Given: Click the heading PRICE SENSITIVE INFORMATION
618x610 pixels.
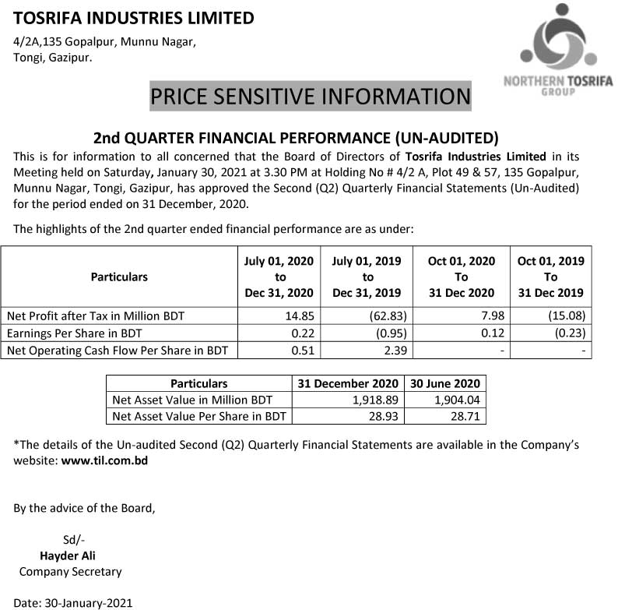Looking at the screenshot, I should pos(310,97).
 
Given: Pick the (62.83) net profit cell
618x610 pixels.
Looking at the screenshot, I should pos(382,316).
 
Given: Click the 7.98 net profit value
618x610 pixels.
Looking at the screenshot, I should pos(482,316).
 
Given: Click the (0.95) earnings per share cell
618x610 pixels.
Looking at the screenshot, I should pos(385,333).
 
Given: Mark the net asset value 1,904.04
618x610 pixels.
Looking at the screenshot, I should pos(459,400).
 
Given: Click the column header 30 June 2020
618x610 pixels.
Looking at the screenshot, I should pos(447,383).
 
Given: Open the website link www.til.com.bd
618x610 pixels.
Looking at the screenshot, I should pos(104,460).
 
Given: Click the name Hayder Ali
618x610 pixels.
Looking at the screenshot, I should pos(68,555).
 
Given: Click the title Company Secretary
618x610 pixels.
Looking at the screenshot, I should pos(70,572).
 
